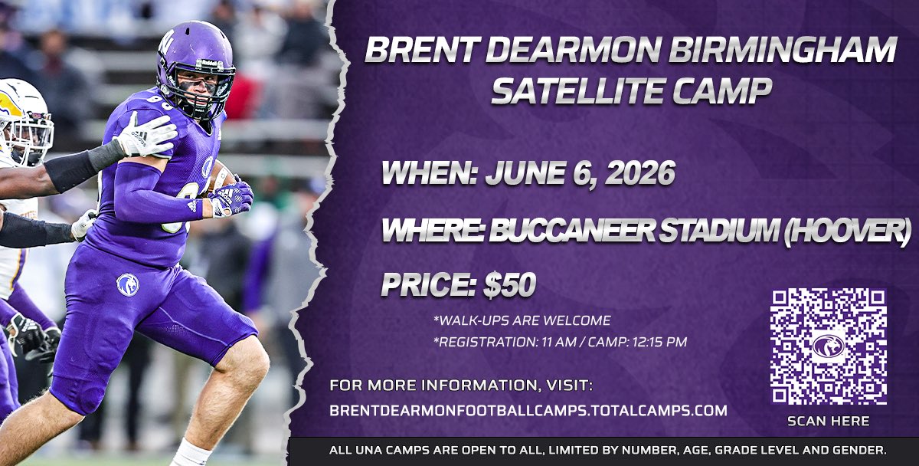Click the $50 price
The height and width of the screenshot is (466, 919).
tap(510, 284)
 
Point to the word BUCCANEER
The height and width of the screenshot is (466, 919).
tap(572, 231)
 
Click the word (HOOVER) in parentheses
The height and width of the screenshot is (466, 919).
tap(848, 231)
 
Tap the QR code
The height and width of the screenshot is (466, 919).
tap(829, 346)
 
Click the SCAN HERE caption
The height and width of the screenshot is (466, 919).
tap(829, 421)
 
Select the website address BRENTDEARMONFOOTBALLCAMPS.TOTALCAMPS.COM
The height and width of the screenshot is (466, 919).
tap(528, 411)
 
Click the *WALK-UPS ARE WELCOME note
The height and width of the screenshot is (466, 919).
tap(522, 320)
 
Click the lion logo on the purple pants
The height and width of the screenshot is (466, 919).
tap(128, 284)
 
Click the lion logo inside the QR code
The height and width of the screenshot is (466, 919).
tap(829, 346)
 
